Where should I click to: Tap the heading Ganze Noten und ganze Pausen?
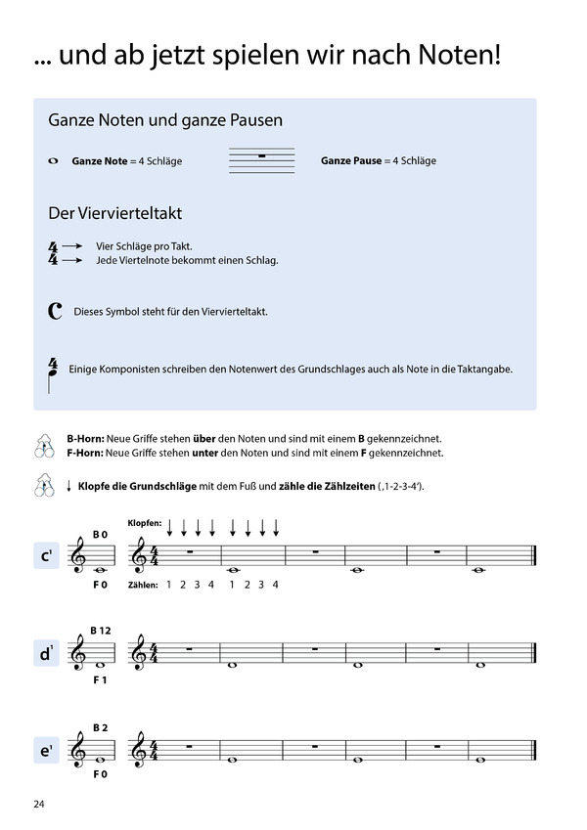coord(165,121)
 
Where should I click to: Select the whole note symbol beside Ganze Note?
coord(53,160)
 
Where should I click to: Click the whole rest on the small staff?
coord(261,156)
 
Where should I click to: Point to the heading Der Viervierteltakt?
coord(114,213)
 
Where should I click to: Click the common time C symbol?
coord(55,312)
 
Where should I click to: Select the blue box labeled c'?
coord(46,558)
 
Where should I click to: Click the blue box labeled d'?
coord(46,654)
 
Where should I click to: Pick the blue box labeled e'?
coord(46,751)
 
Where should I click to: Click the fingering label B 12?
coord(101,631)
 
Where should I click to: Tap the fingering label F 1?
coord(100,679)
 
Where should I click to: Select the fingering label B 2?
coord(99,727)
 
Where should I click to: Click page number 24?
coord(38,805)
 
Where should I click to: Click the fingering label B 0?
coord(99,534)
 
